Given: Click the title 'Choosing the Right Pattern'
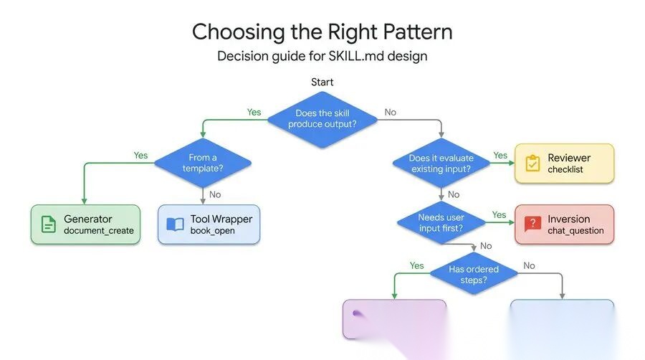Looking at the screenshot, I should [322, 32].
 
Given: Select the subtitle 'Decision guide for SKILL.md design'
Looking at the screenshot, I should [322, 56].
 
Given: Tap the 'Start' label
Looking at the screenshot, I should [322, 82].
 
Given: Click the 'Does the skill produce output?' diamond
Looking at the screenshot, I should [322, 118].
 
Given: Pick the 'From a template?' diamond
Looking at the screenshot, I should [204, 163].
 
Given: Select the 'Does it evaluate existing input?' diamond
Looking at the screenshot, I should [441, 163].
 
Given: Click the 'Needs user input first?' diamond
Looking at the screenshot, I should [441, 222].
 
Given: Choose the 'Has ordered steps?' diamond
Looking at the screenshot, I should [473, 275].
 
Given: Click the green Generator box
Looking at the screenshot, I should [85, 224].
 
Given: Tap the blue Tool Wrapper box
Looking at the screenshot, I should [209, 224].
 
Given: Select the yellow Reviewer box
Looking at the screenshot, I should [564, 163].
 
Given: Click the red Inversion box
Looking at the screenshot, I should [564, 224].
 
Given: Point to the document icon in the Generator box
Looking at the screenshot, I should [48, 224].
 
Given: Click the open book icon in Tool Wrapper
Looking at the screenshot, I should [175, 224].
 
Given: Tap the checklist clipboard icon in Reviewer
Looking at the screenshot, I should [532, 164].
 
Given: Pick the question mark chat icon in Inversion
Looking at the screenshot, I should [532, 224].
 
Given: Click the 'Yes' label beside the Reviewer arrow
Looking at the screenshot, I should [500, 155].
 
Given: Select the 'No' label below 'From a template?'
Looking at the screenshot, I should [214, 194].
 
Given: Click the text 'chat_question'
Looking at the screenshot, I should [575, 231].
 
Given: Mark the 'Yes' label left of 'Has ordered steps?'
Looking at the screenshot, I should [416, 265].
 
